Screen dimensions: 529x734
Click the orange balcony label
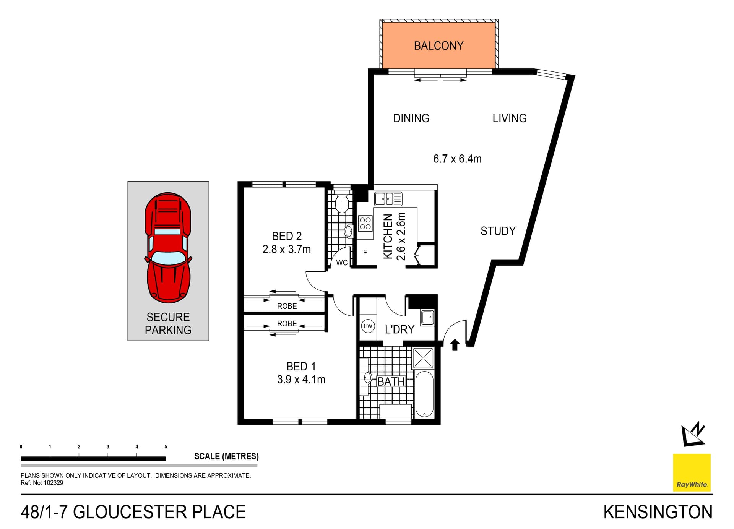[438, 46]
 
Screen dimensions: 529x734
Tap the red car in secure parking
[168, 248]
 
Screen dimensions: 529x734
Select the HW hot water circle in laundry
[368, 326]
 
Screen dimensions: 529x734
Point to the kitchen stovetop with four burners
[365, 223]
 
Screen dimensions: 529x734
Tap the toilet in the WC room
[341, 204]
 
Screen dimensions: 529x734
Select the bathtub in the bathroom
[424, 394]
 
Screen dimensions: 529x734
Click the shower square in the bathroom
[424, 358]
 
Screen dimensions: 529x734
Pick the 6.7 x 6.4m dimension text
[457, 159]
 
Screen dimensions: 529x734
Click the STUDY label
[498, 231]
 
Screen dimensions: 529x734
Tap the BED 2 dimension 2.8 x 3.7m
[286, 249]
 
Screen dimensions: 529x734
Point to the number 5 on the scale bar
[166, 446]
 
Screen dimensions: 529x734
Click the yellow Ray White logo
[691, 472]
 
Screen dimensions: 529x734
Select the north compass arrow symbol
[693, 435]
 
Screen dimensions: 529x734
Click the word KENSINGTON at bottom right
[658, 512]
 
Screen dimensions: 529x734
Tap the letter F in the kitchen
[365, 252]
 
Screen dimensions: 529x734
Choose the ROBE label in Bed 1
[287, 323]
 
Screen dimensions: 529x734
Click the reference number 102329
[54, 483]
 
